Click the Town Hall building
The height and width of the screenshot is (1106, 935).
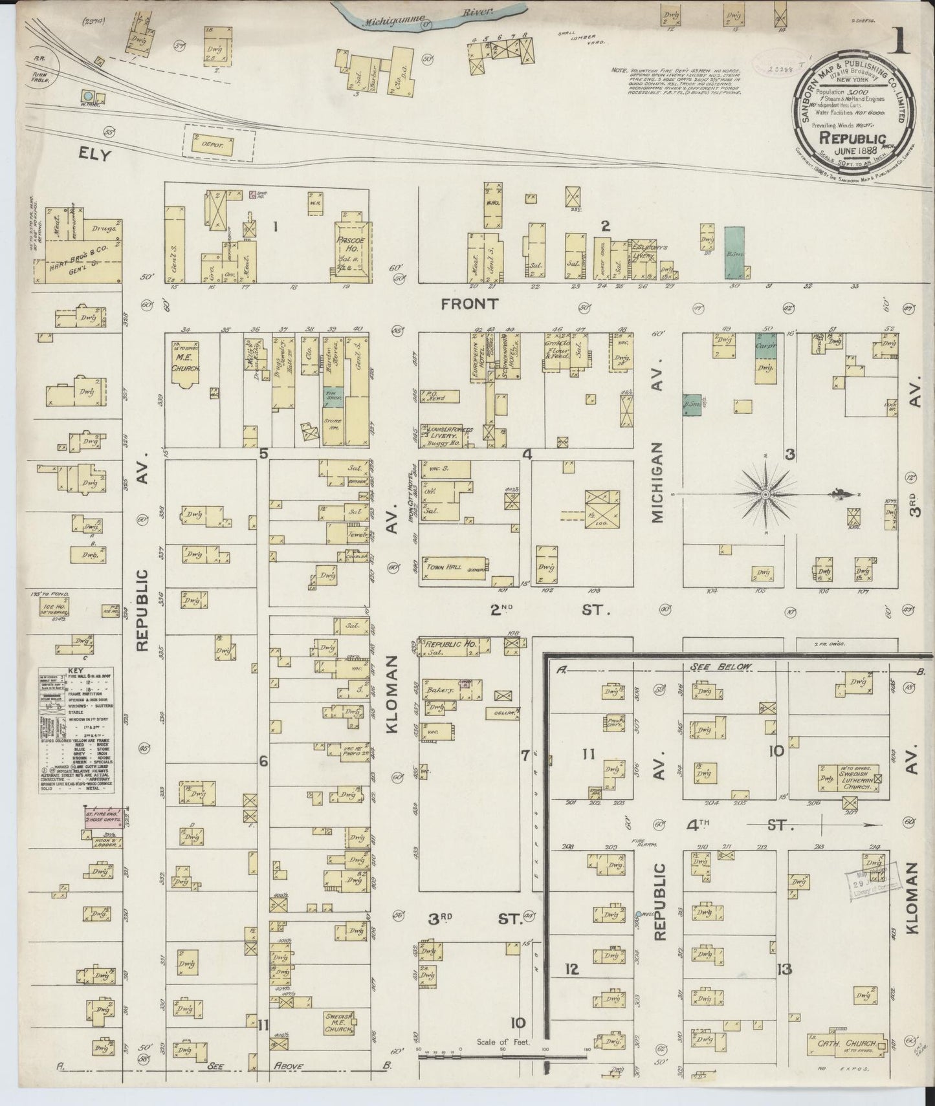click(453, 565)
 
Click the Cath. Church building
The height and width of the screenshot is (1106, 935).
click(847, 1045)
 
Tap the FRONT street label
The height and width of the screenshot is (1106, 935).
click(470, 303)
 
